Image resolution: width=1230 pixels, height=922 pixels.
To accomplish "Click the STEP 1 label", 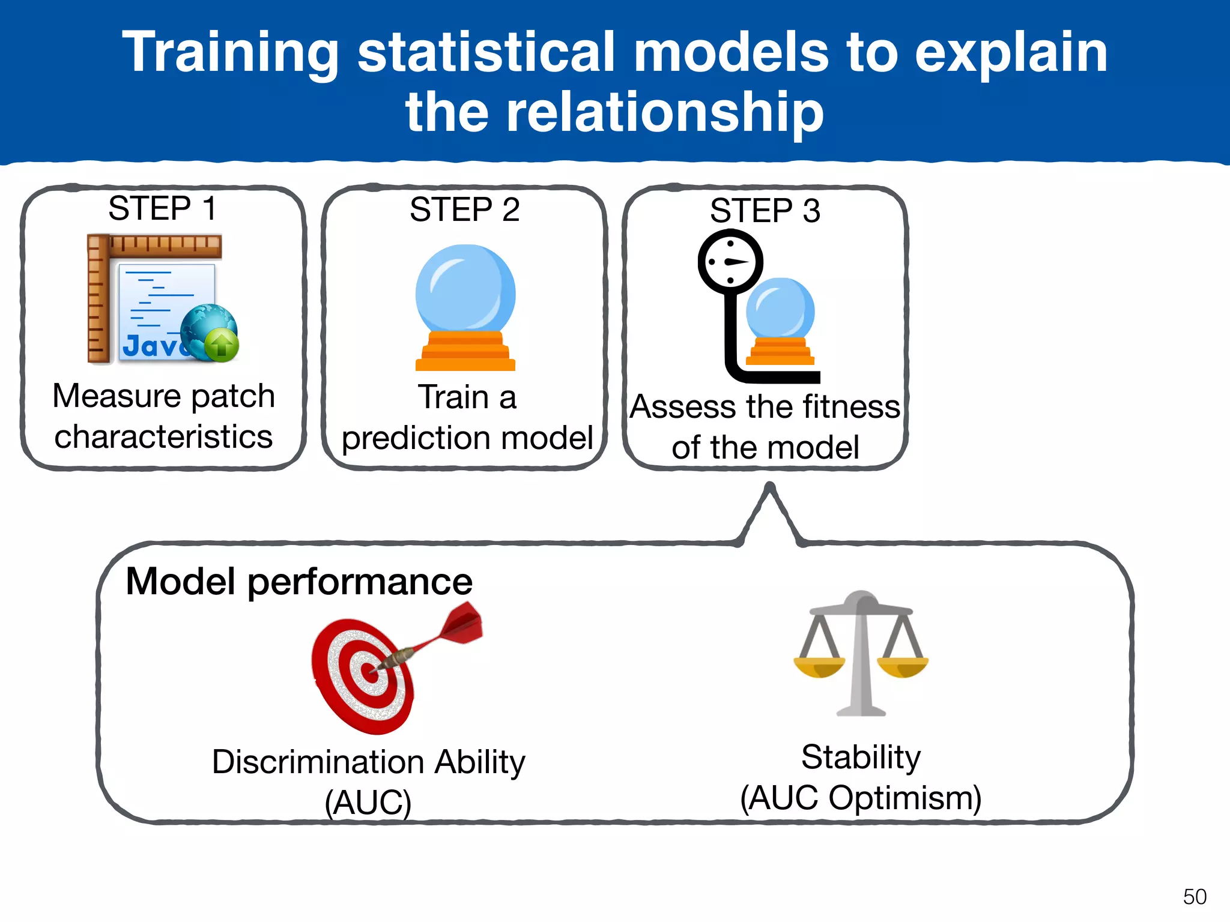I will [x=162, y=208].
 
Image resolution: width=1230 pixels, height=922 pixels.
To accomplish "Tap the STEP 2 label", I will [x=464, y=209].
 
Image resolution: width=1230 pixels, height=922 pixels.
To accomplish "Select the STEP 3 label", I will [x=765, y=211].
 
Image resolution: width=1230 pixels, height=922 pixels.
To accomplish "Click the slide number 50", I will [x=1194, y=897].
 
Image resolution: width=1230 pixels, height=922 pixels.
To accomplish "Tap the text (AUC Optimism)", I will [x=861, y=798].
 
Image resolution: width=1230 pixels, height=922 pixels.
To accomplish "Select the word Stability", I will [x=861, y=757].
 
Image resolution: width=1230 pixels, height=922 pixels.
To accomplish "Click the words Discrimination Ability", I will [x=368, y=762].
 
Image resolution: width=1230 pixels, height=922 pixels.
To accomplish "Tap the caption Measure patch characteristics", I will [x=163, y=416].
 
